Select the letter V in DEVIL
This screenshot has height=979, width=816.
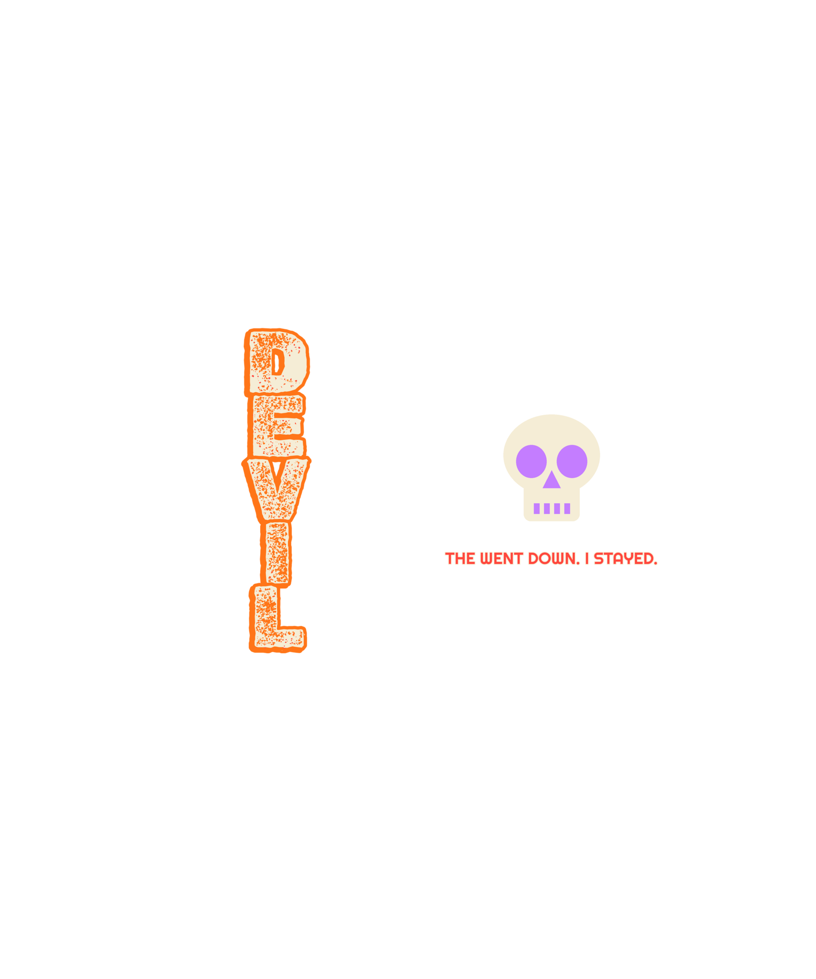(276, 488)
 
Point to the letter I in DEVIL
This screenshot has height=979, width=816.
(276, 553)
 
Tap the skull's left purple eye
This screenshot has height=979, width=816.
(531, 461)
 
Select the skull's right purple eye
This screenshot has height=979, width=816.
(572, 461)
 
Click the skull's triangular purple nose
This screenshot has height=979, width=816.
(551, 480)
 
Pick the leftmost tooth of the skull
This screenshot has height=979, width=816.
(537, 508)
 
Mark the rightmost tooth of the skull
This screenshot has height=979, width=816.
(567, 508)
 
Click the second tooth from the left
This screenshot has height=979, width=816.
(547, 508)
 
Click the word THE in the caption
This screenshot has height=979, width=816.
(460, 559)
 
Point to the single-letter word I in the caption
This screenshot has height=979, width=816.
(587, 559)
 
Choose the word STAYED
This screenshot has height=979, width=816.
(623, 559)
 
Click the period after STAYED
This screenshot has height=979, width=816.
(655, 563)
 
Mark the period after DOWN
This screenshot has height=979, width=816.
(578, 563)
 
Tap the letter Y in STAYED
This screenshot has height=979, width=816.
(628, 559)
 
